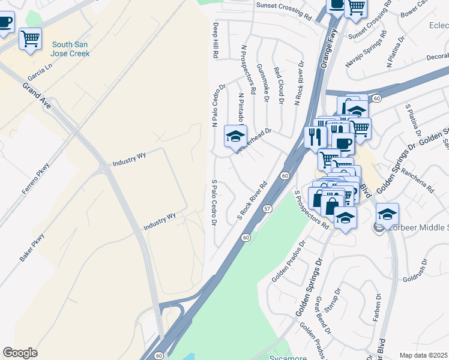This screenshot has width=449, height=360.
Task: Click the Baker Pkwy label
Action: (x=32, y=247)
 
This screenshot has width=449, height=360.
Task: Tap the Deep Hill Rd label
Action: (x=215, y=40)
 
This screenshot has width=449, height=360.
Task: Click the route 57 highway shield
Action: (x=267, y=208)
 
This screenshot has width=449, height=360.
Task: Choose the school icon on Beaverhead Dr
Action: (x=235, y=136)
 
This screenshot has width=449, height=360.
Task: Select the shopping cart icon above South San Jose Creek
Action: (x=30, y=39)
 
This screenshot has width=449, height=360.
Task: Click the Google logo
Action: (x=20, y=353)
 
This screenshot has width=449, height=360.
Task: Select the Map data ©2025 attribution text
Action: (x=423, y=355)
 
